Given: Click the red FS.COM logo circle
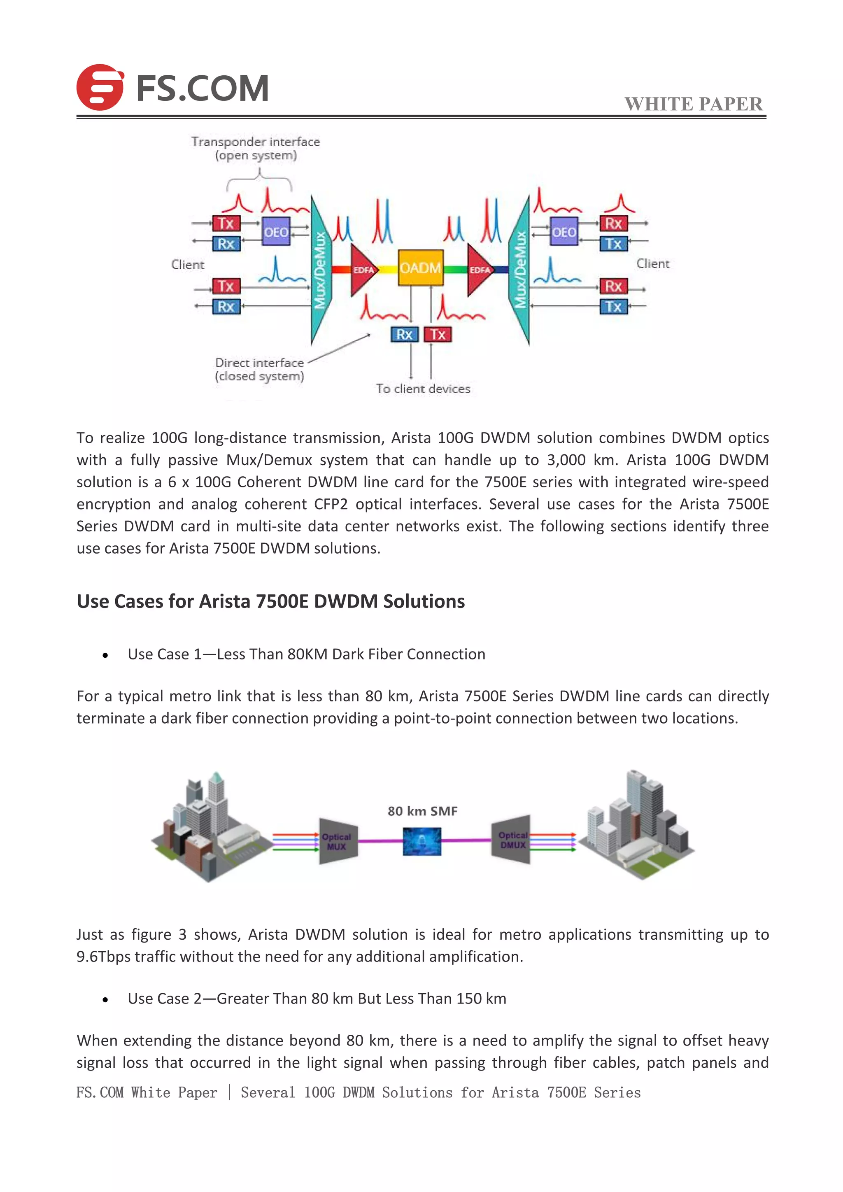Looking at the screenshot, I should tap(100, 87).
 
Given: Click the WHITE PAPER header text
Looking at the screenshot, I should tap(694, 104).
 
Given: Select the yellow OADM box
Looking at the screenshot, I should tap(420, 268).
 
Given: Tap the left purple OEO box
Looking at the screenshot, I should tap(276, 232).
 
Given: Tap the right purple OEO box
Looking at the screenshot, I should tap(564, 232).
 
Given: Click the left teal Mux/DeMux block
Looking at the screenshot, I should tap(320, 270).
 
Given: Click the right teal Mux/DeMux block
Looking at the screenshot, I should tap(520, 270).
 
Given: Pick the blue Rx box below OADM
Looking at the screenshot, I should tap(404, 334).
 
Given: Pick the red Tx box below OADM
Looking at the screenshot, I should tap(438, 334).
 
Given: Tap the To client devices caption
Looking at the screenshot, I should tap(423, 388).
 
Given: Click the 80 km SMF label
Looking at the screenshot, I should tap(423, 811).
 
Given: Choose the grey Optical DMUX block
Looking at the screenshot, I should tap(512, 840).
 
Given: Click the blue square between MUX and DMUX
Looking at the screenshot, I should tap(422, 842).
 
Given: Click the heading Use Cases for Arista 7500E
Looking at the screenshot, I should tap(270, 601).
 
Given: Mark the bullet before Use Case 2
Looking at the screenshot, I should tap(105, 999).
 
